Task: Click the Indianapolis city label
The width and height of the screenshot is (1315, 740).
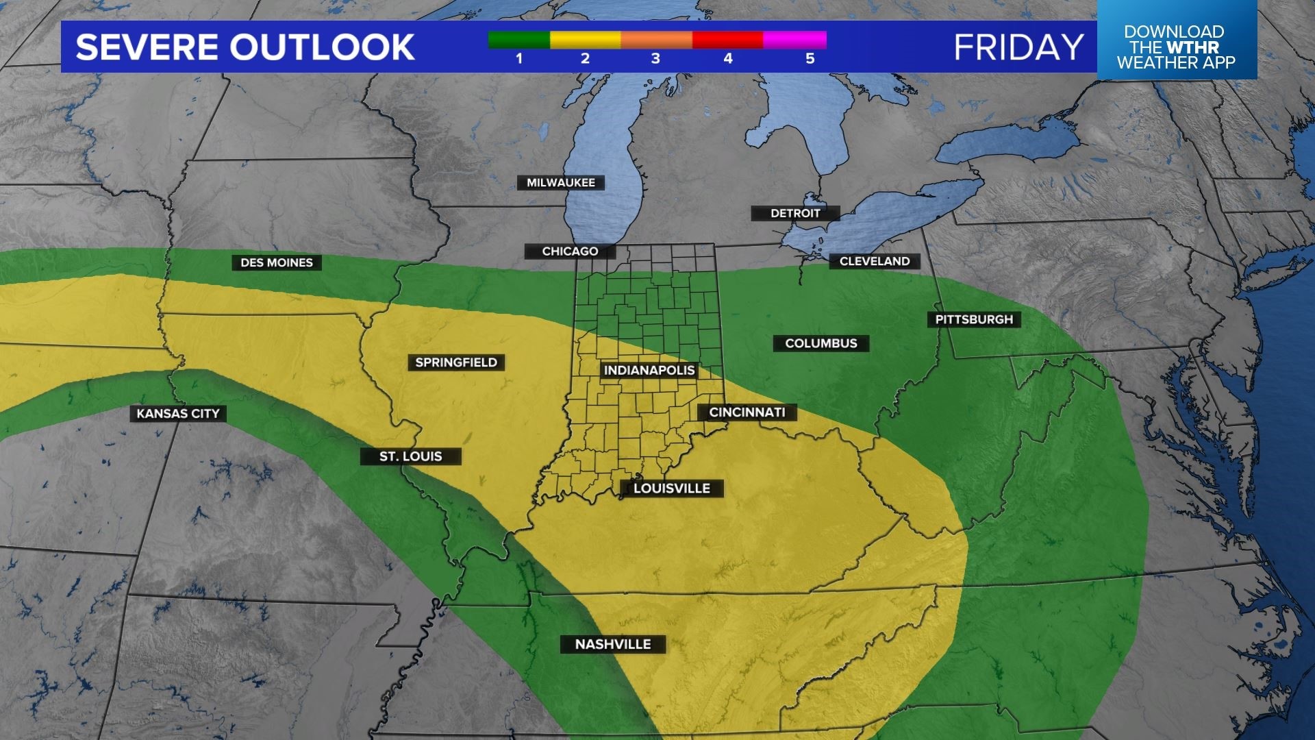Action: [649, 371]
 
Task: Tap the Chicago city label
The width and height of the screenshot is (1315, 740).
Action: [570, 251]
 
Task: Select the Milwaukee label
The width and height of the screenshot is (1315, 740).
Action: [560, 183]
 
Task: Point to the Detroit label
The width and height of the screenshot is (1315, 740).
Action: [795, 213]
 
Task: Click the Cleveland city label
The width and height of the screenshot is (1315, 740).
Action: [875, 261]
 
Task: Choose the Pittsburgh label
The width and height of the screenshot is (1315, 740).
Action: [974, 319]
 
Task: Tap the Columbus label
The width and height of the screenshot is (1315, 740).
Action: [821, 343]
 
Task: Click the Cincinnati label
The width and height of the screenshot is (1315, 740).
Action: [747, 412]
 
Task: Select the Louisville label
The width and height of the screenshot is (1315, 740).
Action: [671, 489]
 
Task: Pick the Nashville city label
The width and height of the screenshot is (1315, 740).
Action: [613, 644]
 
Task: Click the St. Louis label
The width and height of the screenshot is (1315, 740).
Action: [411, 456]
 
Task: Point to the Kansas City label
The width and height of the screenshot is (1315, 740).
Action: [178, 413]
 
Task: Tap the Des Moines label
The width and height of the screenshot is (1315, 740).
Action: [277, 262]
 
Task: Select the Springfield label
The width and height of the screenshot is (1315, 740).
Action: [456, 362]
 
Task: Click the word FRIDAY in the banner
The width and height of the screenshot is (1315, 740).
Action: [1018, 47]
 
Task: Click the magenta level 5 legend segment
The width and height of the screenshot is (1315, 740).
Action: [794, 40]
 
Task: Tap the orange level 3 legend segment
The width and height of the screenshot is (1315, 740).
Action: [656, 40]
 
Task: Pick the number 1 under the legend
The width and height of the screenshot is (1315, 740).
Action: [519, 59]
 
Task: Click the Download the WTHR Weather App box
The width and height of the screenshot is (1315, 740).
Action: [1176, 47]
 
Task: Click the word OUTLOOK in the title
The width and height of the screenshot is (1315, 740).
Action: [321, 47]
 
